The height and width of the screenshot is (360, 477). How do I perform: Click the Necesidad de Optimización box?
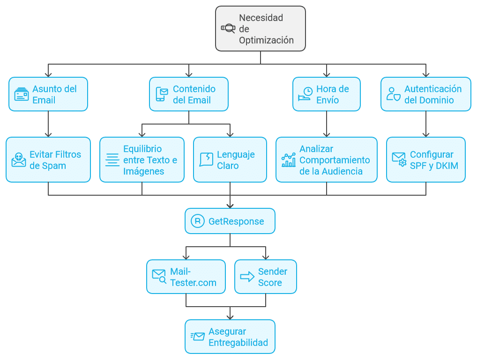(261, 29)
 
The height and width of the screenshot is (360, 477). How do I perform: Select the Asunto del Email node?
(48, 94)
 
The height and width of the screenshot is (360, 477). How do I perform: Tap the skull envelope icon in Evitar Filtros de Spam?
(19, 160)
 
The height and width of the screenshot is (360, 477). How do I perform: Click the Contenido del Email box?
(189, 94)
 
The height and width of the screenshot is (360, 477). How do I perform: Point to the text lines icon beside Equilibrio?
(112, 160)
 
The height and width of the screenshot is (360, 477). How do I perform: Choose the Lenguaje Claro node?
(230, 160)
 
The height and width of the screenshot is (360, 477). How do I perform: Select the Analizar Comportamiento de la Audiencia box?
(327, 160)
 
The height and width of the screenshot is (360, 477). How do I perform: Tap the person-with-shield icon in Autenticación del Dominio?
(394, 94)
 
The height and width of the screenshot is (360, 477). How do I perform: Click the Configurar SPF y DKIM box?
(426, 160)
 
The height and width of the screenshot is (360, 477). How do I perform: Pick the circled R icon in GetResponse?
(198, 221)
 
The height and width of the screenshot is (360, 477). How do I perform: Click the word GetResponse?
(236, 221)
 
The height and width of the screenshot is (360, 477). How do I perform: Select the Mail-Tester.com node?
(186, 277)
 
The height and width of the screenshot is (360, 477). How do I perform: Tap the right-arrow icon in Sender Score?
(247, 277)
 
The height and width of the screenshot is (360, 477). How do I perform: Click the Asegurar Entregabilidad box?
(230, 337)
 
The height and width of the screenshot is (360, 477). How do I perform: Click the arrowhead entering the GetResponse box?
(230, 206)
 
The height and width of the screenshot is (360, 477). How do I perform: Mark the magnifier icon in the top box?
(228, 29)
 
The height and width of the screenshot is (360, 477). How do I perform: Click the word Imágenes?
(143, 171)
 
